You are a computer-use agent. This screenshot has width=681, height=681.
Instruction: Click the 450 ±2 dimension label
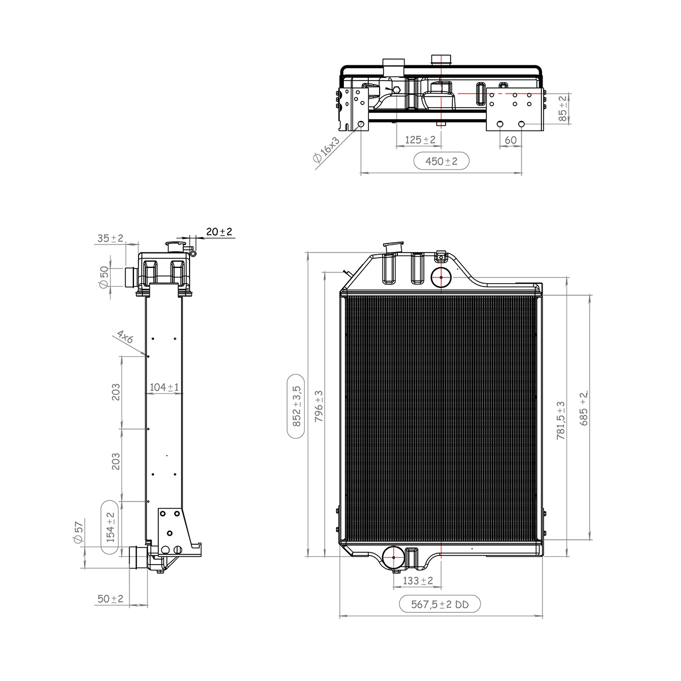[441, 161]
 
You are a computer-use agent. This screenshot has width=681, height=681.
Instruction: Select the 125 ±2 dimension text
[420, 140]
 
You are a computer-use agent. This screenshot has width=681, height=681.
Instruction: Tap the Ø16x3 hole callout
[326, 149]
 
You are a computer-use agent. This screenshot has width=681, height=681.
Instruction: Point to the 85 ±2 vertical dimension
[562, 108]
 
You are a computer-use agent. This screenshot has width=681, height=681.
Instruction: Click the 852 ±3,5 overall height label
[296, 406]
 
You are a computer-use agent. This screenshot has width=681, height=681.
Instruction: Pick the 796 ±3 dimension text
[318, 406]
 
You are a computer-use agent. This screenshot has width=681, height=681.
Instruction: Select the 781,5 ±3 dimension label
[561, 420]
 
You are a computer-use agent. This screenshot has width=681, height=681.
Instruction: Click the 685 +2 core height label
[583, 408]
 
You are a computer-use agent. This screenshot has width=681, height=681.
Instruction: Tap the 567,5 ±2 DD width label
[440, 604]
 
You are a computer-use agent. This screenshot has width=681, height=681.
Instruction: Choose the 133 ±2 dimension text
[418, 581]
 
